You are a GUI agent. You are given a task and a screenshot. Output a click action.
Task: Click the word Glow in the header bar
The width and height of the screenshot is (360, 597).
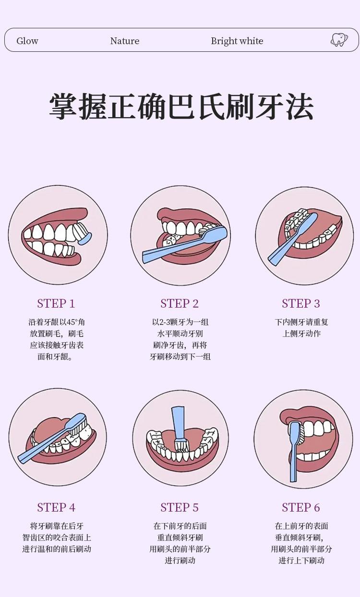click(27, 41)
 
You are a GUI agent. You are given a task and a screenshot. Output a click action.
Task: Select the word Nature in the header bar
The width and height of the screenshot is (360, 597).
click(125, 41)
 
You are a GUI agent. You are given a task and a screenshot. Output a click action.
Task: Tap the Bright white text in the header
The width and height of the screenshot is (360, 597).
click(237, 41)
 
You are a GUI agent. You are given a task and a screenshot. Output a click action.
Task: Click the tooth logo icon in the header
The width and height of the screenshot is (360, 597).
click(339, 40)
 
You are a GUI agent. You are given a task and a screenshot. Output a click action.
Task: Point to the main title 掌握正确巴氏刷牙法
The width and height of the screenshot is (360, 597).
click(181, 106)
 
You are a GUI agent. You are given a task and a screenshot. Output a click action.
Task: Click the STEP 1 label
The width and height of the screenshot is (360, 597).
click(56, 304)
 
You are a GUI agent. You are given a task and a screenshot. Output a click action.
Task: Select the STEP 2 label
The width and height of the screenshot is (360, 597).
click(180, 304)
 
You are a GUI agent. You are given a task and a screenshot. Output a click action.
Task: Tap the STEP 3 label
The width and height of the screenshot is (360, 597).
click(301, 304)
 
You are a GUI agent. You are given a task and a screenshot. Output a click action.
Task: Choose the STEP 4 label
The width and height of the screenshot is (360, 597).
click(56, 507)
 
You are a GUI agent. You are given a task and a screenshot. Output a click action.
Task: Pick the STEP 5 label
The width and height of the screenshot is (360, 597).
click(180, 507)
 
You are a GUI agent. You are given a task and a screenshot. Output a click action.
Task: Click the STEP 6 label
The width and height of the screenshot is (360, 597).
click(301, 507)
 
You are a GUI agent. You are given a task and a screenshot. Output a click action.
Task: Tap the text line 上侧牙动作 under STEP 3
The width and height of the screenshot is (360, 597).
click(301, 334)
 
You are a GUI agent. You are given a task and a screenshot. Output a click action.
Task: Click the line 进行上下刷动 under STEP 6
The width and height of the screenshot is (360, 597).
click(301, 560)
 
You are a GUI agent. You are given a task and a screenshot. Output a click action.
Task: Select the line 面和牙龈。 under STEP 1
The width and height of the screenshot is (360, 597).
click(55, 357)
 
